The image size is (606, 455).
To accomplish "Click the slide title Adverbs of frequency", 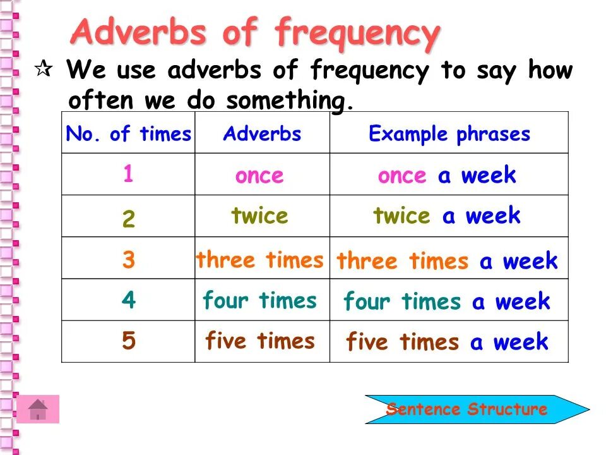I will (x=254, y=33).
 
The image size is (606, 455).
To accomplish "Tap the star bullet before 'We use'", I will (x=42, y=71).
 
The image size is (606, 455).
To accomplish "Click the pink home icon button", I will (x=38, y=409).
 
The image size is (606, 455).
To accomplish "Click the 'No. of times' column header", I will (x=128, y=134).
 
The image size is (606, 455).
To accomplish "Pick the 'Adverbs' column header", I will (x=262, y=134).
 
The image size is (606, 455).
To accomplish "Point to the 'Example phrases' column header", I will (x=449, y=134).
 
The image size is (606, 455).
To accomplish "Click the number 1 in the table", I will (x=128, y=174).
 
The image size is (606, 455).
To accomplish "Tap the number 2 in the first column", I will (x=128, y=219).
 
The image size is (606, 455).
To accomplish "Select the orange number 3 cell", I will (x=128, y=260).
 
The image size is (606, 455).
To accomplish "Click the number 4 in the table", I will (x=128, y=300).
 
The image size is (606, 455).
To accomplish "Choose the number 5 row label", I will (x=128, y=341).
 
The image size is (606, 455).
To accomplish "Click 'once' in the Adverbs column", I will (x=259, y=176).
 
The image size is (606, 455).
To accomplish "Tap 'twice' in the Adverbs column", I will (x=259, y=216).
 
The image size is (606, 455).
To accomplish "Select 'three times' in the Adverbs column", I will (x=259, y=260).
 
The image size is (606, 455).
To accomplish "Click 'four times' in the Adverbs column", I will (x=259, y=300).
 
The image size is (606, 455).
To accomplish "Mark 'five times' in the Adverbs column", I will (x=259, y=341).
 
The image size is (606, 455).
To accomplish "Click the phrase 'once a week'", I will (x=447, y=176).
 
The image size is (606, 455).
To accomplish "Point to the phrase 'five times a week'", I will (x=447, y=343).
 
